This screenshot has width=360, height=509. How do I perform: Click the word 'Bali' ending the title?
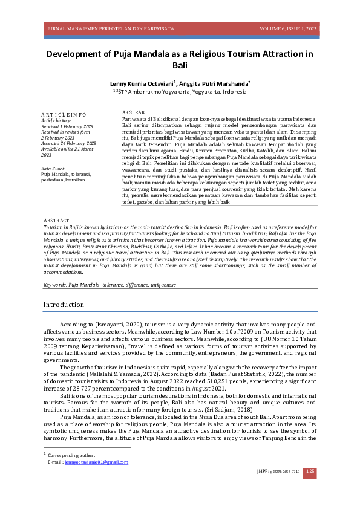[180, 65]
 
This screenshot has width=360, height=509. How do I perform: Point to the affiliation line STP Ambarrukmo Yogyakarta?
[180, 92]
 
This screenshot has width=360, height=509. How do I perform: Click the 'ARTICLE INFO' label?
[64, 114]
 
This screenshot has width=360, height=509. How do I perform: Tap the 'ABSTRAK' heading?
[133, 113]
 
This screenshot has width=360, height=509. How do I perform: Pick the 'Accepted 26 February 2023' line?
[67, 143]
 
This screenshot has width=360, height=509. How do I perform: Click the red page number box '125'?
[309, 472]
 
